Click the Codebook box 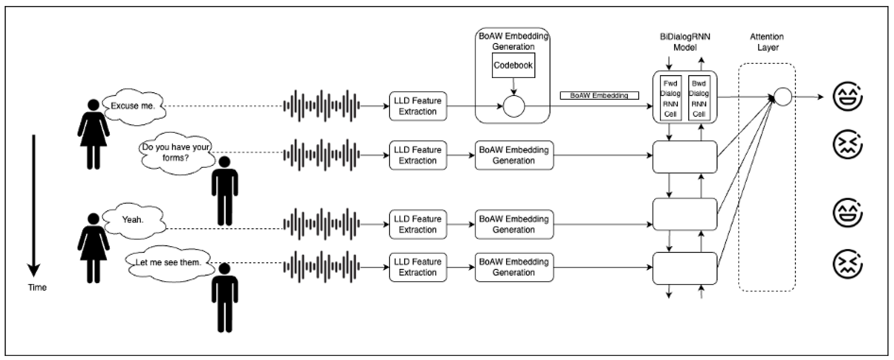point(513,65)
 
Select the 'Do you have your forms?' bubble point(176,153)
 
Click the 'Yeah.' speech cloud point(133,220)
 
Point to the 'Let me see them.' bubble point(168,263)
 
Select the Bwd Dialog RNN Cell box point(699,99)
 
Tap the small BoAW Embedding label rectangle point(599,95)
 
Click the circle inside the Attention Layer point(783,97)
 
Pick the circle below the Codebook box point(514,106)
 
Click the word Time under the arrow point(37,287)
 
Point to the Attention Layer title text point(767,42)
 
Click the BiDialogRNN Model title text point(685,42)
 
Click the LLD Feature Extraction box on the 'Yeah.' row point(418,224)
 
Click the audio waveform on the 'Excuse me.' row point(321,106)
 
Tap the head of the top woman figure point(93,105)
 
